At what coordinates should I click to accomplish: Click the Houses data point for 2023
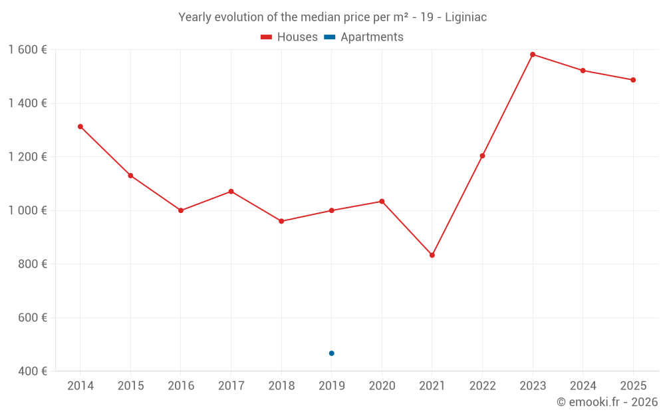point(533,55)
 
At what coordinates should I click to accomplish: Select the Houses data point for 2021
point(432,255)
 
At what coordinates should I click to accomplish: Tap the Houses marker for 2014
point(80,126)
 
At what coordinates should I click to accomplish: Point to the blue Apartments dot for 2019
point(332,353)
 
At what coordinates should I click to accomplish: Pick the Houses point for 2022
point(482,156)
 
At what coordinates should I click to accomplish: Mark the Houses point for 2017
point(231,192)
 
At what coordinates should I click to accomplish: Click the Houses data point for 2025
point(633,80)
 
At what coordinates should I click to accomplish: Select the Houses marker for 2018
point(281,221)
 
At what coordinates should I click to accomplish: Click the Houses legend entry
point(289,37)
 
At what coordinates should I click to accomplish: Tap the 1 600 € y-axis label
point(27,50)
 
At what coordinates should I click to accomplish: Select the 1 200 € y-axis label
point(27,157)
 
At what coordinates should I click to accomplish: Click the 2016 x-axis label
point(181,386)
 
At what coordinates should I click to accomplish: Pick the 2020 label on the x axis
point(382,386)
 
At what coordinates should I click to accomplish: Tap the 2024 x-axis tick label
point(583,386)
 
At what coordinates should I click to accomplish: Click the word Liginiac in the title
point(463,17)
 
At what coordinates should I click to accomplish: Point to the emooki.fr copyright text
point(607,402)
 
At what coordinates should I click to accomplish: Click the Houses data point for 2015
point(130,176)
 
